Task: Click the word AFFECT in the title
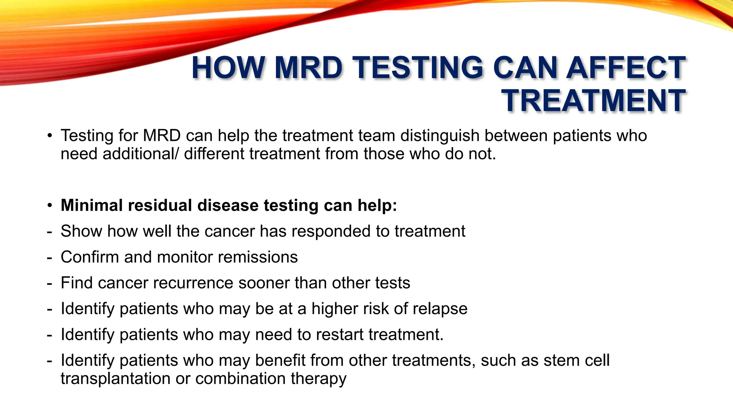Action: (626, 68)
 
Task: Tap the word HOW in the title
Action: (228, 68)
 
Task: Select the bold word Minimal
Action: (91, 205)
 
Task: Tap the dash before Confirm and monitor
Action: (49, 257)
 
